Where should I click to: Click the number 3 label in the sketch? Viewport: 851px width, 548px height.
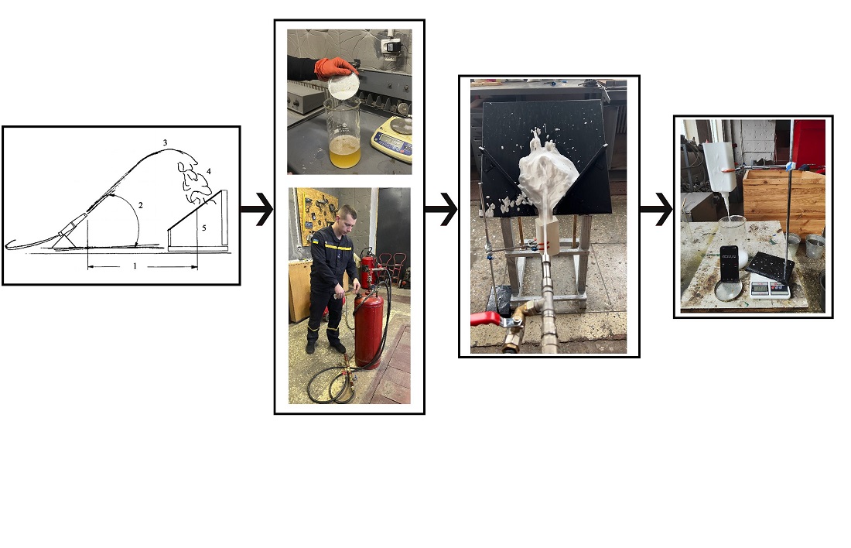tap(165, 143)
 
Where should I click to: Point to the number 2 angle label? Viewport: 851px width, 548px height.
tap(141, 205)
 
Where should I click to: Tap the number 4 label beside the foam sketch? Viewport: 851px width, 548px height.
tap(208, 172)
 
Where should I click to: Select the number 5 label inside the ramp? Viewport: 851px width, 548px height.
tap(204, 228)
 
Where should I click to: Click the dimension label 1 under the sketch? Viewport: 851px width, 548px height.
tap(135, 266)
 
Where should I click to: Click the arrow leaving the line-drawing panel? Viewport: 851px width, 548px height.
tap(257, 209)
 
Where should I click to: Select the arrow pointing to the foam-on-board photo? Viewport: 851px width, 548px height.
tap(441, 209)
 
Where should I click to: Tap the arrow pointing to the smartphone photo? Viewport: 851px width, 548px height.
tap(656, 209)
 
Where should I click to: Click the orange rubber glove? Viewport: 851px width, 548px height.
tap(334, 68)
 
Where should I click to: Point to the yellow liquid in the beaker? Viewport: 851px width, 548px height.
tap(344, 152)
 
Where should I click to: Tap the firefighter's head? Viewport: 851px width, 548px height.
tap(347, 217)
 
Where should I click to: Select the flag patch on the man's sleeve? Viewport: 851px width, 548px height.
tap(316, 239)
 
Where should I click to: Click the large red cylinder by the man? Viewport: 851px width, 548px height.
tap(369, 329)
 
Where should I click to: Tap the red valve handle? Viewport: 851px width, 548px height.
tap(487, 319)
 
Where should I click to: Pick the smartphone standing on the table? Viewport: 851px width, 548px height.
tap(730, 263)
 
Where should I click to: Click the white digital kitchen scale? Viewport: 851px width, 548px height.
tap(770, 289)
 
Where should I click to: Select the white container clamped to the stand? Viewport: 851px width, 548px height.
tap(719, 166)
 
